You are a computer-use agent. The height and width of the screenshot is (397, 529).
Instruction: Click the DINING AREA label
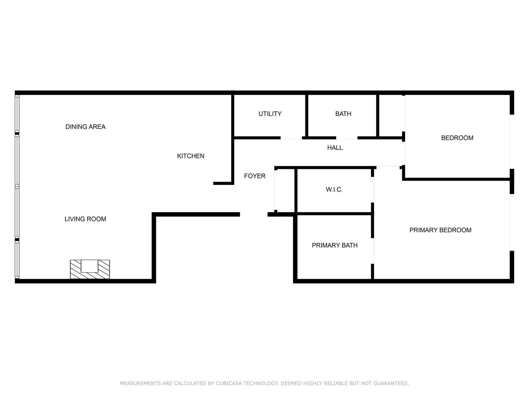click(85, 127)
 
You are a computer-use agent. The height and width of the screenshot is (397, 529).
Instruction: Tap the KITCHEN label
click(191, 156)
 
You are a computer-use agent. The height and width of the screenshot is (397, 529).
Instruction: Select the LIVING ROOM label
click(85, 219)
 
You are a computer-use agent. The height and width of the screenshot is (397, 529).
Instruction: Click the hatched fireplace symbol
click(90, 269)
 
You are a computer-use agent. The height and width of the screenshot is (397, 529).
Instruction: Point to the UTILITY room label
click(270, 114)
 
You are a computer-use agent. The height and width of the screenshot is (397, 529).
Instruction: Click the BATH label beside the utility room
click(343, 114)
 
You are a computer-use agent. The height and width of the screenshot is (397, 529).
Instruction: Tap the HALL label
click(335, 148)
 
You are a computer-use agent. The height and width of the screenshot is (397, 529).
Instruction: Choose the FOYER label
click(255, 176)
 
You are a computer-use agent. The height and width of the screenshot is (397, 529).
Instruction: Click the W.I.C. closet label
click(334, 190)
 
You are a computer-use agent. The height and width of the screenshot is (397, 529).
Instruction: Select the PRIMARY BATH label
click(335, 245)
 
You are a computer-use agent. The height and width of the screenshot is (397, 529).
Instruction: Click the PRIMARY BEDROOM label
click(440, 230)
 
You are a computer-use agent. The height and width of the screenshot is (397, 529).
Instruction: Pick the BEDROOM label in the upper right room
click(457, 138)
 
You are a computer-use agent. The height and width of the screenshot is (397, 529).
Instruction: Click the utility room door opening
click(291, 138)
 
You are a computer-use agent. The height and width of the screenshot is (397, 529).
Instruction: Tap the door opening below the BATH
click(347, 138)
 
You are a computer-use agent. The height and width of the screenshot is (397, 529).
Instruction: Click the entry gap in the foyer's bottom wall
click(253, 215)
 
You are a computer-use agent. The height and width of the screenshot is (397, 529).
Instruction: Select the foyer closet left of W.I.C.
click(285, 190)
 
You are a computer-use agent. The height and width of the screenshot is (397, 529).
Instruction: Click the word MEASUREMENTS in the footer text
click(140, 383)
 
